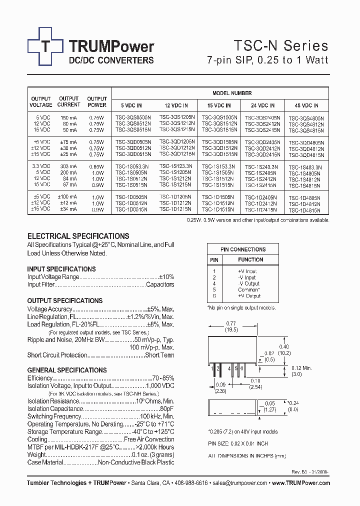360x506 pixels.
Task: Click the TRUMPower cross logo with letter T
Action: tap(45, 46)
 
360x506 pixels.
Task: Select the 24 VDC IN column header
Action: tap(263, 105)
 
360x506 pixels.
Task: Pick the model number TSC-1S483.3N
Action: tap(306, 167)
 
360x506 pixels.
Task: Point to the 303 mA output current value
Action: tap(69, 166)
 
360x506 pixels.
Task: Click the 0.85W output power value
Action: tap(97, 166)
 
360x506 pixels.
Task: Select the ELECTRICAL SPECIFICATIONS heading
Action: tap(78, 236)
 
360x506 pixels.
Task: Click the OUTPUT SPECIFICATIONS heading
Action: tap(65, 300)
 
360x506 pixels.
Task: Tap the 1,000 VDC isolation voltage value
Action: tap(160, 386)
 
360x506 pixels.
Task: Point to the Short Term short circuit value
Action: tap(159, 355)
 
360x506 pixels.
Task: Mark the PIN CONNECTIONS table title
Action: tap(243, 249)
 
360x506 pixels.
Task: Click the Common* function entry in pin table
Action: tap(248, 289)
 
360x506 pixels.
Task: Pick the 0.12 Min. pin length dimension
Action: tap(301, 367)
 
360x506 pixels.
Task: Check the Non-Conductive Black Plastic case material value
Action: tap(136, 463)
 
